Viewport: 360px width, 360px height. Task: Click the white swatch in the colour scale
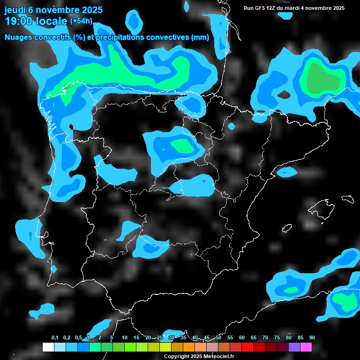click(48, 347)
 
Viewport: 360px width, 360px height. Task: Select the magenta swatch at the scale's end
click(306, 347)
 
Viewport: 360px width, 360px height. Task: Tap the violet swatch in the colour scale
click(294, 347)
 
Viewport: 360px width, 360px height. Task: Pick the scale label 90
click(312, 337)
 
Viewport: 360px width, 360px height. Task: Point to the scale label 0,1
click(55, 337)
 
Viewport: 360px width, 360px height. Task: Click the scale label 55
click(230, 337)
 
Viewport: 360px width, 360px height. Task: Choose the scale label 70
click(265, 337)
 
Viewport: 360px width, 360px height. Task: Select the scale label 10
click(125, 337)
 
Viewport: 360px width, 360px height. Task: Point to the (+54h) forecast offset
click(81, 21)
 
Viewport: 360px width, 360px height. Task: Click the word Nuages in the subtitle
click(20, 37)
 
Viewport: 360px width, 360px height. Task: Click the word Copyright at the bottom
click(177, 356)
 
